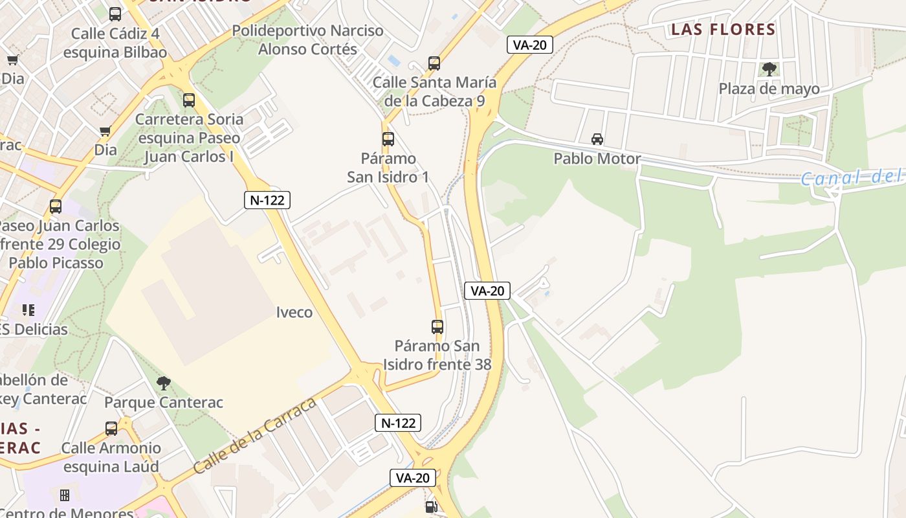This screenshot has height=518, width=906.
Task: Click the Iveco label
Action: pos(294,312)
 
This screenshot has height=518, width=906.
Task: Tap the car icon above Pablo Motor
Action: pos(597,139)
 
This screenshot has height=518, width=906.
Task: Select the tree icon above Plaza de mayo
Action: pos(769,69)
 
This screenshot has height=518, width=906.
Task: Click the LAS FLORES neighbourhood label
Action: pos(723,29)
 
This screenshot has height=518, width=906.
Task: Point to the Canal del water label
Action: pos(851,177)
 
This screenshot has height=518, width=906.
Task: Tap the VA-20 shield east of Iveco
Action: pos(487,291)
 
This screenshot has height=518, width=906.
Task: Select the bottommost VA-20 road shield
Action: pos(413,478)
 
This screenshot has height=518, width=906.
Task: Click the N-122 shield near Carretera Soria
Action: pos(267,200)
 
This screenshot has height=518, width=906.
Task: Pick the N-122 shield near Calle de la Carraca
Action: pos(398,423)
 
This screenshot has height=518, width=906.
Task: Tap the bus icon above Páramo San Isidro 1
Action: pos(388,139)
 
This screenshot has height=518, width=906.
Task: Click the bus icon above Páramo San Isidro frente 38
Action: pos(437,326)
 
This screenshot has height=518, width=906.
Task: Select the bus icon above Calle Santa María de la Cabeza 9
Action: pos(434,63)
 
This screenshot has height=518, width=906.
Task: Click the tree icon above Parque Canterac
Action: pos(164,383)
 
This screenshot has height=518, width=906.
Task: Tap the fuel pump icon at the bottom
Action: pos(432,506)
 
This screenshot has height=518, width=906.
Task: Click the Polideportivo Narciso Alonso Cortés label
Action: pos(307,39)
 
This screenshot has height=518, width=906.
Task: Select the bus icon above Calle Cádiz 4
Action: pos(115,14)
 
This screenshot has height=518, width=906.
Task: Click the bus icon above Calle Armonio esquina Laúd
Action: pos(111,428)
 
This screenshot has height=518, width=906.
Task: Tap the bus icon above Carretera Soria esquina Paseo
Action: pos(189,100)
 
